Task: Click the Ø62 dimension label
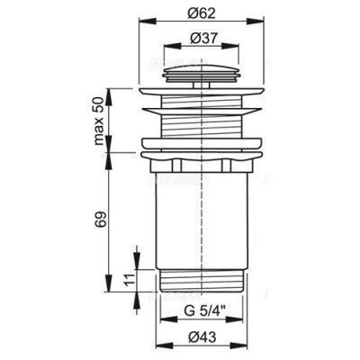click(202, 13)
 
